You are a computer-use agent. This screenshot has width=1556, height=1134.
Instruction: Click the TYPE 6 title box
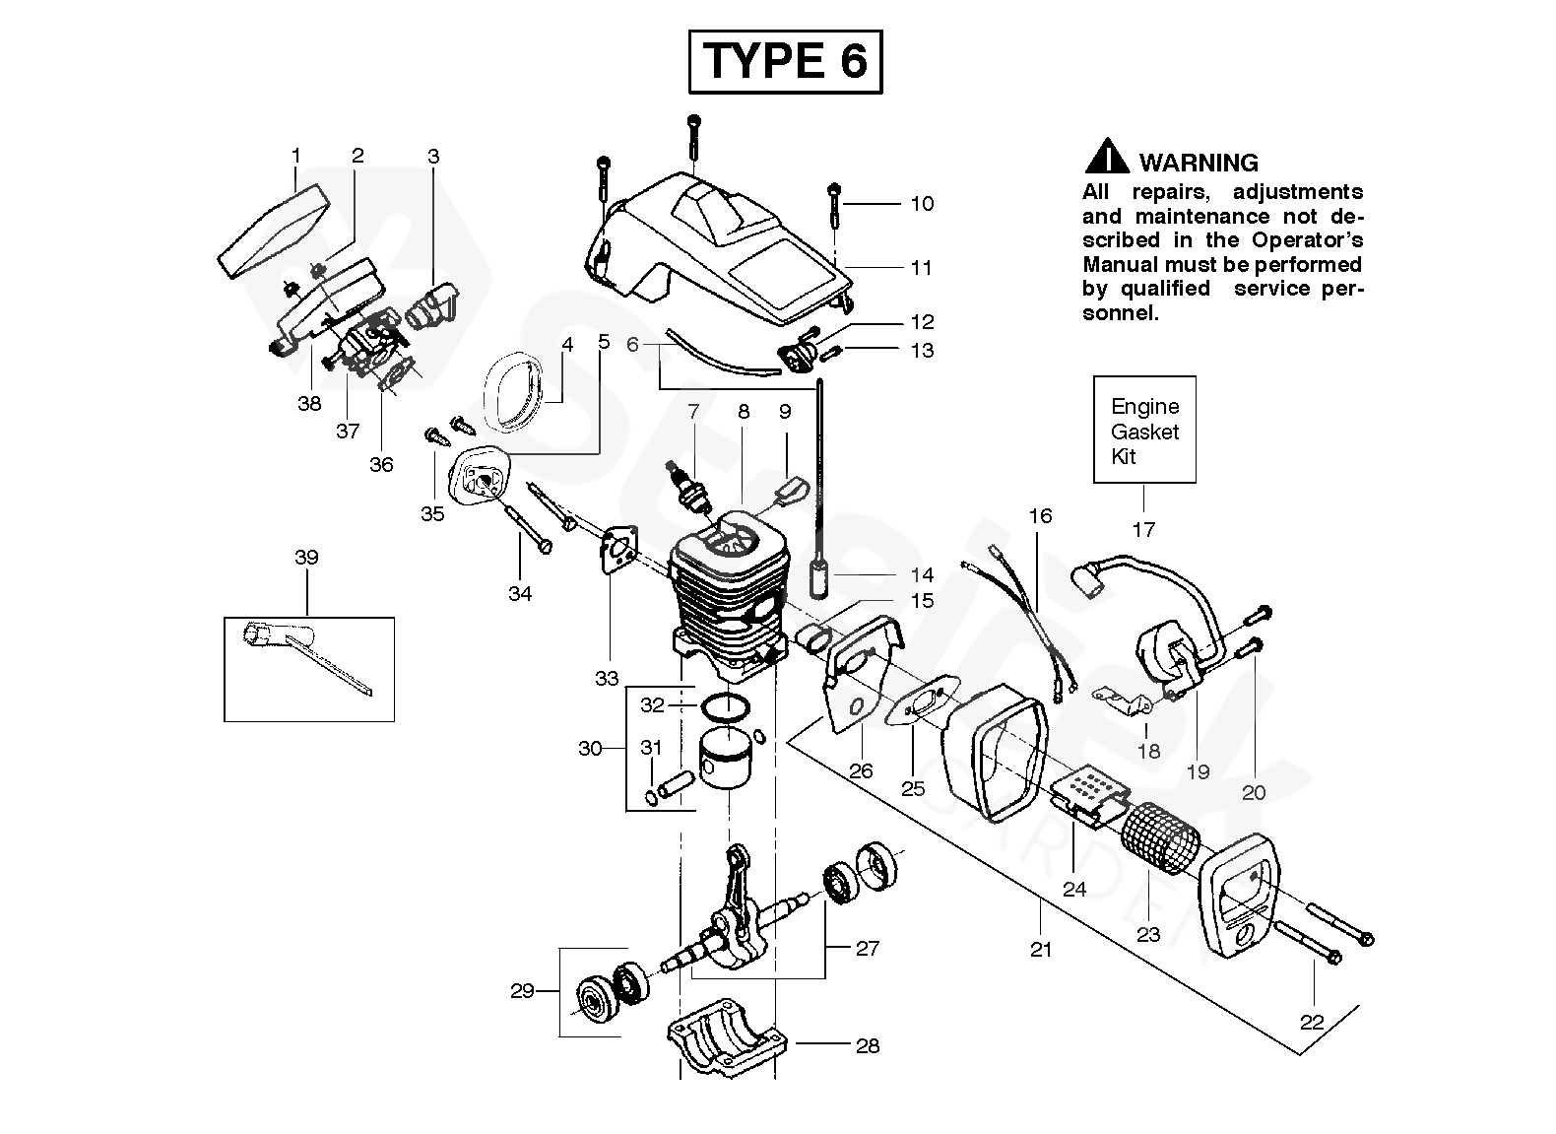(786, 61)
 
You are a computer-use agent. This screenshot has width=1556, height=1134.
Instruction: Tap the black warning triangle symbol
(1107, 157)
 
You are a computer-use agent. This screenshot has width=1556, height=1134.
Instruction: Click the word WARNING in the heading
(1199, 163)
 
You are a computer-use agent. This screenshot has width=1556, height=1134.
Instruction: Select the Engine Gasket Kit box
(1144, 430)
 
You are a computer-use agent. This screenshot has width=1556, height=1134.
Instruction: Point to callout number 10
(923, 204)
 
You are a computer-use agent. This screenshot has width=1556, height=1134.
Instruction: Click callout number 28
(868, 1045)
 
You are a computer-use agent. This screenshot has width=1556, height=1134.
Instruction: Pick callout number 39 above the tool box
(306, 557)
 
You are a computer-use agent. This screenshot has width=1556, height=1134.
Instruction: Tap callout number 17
(1143, 529)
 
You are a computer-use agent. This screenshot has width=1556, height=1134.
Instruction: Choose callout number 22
(1312, 1022)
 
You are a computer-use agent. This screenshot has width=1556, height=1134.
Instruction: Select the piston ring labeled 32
(725, 708)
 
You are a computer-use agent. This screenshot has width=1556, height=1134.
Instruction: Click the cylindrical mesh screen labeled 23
(1159, 838)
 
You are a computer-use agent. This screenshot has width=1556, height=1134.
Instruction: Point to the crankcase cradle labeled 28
(727, 1038)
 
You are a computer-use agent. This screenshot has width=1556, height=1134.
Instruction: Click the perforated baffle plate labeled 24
(1088, 797)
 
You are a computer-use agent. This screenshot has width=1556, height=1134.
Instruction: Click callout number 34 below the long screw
(520, 593)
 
